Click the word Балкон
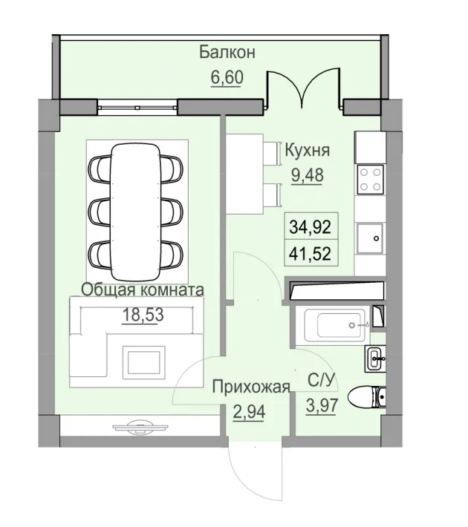(x=227, y=53)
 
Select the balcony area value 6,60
(x=227, y=77)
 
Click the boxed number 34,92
(x=310, y=223)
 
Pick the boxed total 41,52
(x=310, y=254)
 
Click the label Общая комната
(x=143, y=289)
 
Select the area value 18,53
(x=143, y=315)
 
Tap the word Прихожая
(x=249, y=387)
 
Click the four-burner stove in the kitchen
(x=370, y=178)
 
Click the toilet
(x=368, y=399)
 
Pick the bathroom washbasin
(x=375, y=359)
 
